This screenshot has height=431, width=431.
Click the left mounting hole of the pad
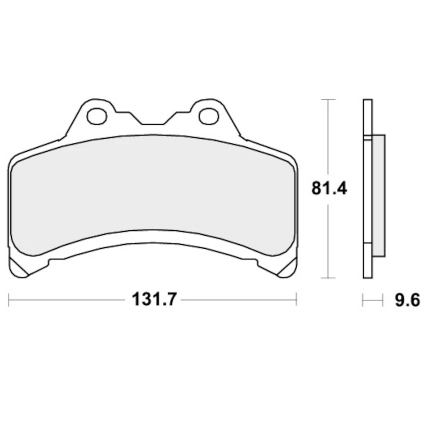pyautogui.click(x=97, y=116)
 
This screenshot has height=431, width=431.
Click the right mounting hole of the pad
pyautogui.click(x=208, y=116)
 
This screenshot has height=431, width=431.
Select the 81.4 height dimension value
pyautogui.click(x=329, y=189)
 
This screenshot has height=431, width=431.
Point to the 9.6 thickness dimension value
pyautogui.click(x=407, y=299)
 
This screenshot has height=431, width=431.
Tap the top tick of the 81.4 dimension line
pyautogui.click(x=329, y=99)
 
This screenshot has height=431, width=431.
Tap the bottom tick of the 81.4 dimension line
pyautogui.click(x=329, y=278)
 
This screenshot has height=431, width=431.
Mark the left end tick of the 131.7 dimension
pyautogui.click(x=9, y=299)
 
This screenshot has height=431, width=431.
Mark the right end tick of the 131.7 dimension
pyautogui.click(x=296, y=299)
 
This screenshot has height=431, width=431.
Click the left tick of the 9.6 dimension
pyautogui.click(x=363, y=299)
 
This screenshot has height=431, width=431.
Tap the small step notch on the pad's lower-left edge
pyautogui.click(x=51, y=261)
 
